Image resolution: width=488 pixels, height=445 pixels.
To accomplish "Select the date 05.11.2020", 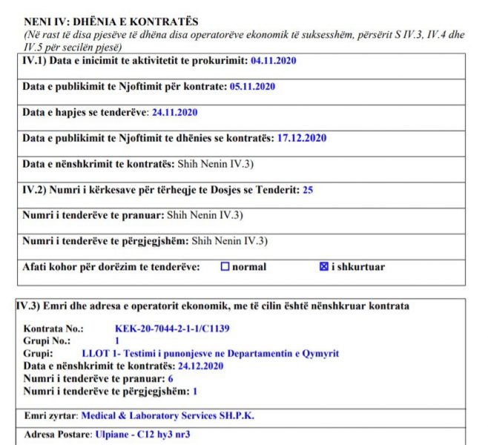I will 252,87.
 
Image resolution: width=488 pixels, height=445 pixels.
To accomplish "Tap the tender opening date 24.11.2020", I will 174,113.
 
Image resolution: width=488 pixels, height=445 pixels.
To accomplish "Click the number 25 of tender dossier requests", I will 308,190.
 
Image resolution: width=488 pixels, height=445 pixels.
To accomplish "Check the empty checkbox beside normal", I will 225,267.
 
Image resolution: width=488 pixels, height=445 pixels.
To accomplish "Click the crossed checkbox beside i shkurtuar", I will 323,267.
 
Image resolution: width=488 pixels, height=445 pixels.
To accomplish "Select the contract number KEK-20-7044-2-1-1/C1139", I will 174,328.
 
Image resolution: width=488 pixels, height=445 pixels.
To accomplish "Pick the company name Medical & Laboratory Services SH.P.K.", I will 168,416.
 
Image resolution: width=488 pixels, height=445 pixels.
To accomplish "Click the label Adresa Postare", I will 58,434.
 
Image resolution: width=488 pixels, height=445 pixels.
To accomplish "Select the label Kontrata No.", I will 53,328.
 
